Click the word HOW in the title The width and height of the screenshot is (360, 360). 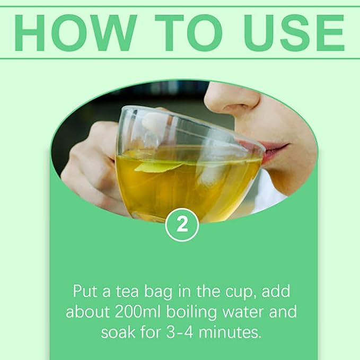75,32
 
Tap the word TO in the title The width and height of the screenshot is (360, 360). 189,32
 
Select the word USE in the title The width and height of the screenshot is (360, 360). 294,32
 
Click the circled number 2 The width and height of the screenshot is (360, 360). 182,225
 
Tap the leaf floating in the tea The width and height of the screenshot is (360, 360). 159,166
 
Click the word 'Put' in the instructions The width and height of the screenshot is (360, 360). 85,292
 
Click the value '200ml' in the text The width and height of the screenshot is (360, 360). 137,312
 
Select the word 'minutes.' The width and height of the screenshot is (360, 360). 230,332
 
